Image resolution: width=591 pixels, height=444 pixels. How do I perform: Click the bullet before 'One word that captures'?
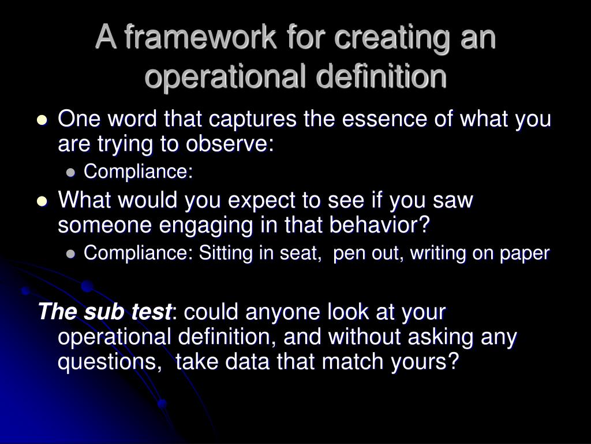point(42,121)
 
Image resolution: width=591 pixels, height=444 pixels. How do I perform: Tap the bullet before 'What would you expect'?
point(42,202)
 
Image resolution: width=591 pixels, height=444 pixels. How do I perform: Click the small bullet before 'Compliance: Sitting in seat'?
point(70,253)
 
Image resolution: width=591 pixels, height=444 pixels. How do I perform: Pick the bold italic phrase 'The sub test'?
point(104,312)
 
